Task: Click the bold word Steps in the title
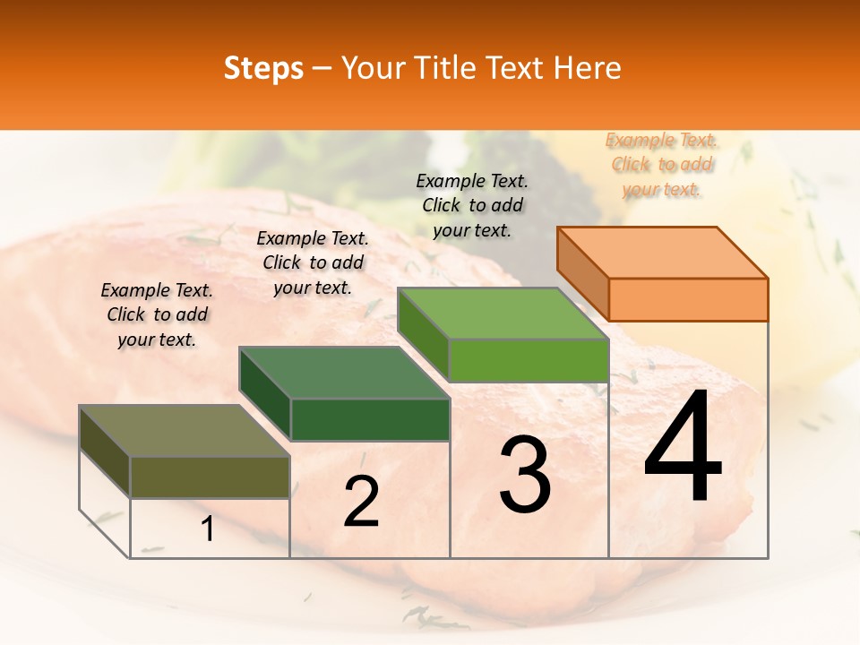pyautogui.click(x=263, y=68)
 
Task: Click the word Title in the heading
pyautogui.click(x=446, y=68)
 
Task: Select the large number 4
pyautogui.click(x=683, y=448)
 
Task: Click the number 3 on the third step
pyautogui.click(x=525, y=475)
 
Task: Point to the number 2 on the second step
pyautogui.click(x=361, y=501)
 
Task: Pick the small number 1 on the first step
pyautogui.click(x=208, y=529)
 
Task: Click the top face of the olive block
pyautogui.click(x=185, y=431)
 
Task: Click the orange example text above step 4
pyautogui.click(x=662, y=165)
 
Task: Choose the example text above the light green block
pyautogui.click(x=472, y=205)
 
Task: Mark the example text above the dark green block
pyautogui.click(x=313, y=262)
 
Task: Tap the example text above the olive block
pyautogui.click(x=157, y=314)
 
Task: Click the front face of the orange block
pyautogui.click(x=688, y=299)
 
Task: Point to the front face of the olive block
pyautogui.click(x=210, y=477)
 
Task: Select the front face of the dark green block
pyautogui.click(x=370, y=419)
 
